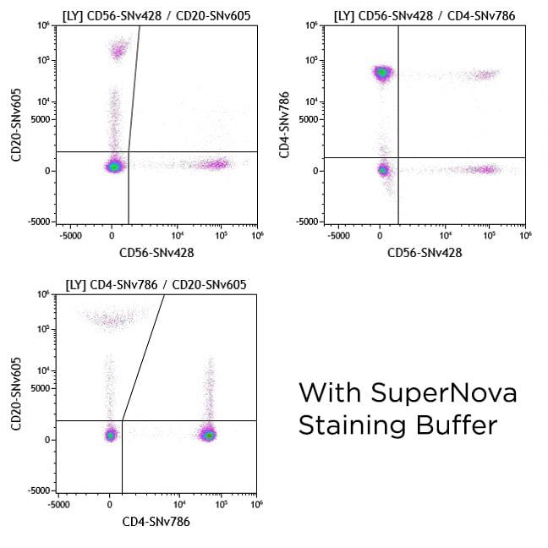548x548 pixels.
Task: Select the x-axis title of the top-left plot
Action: click(x=157, y=252)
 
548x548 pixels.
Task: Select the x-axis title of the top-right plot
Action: click(x=425, y=252)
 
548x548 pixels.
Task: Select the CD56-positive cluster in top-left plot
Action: click(x=217, y=164)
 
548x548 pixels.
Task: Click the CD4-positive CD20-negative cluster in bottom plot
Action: click(x=209, y=435)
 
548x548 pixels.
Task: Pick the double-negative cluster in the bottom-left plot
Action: click(x=110, y=435)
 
